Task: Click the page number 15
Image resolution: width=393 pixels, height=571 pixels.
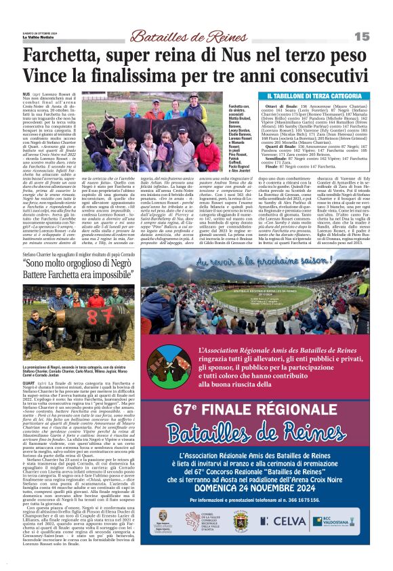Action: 380,36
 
